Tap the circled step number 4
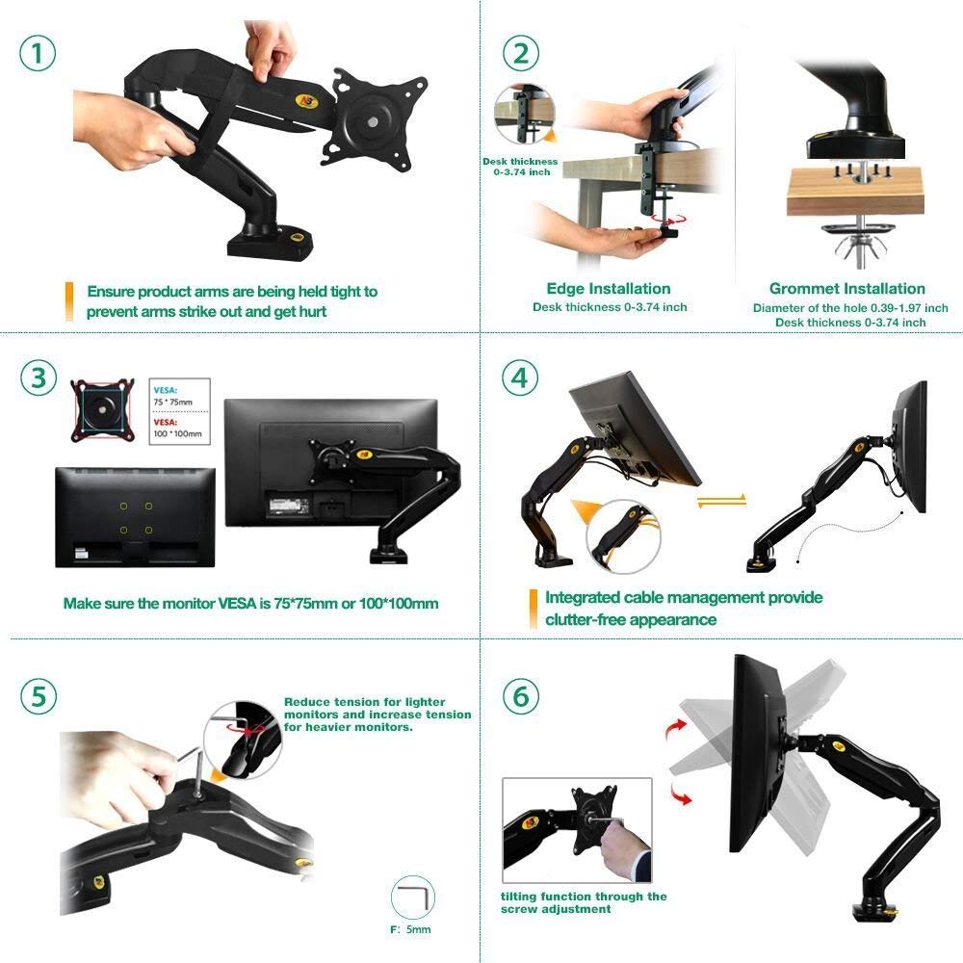[520, 377]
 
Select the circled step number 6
[520, 695]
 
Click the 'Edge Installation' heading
[608, 288]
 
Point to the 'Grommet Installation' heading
[846, 288]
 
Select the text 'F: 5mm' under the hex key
[411, 930]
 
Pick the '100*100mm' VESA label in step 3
[179, 434]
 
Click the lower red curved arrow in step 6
[680, 794]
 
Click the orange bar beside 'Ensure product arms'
[68, 300]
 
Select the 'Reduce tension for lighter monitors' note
[377, 715]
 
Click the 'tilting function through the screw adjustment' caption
[583, 902]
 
